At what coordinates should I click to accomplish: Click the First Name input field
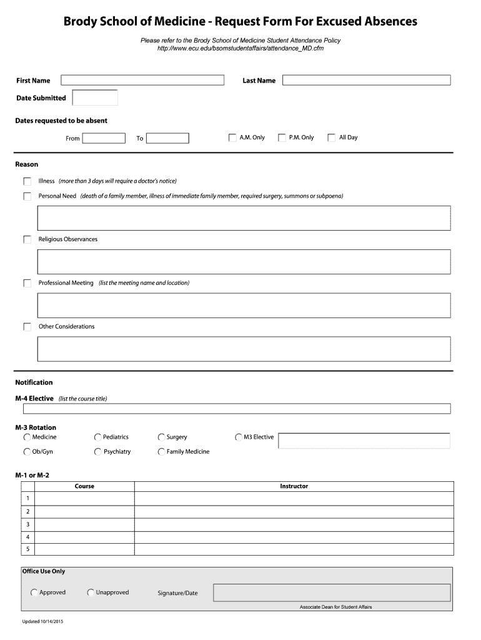coord(142,80)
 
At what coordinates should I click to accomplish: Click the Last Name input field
coord(366,80)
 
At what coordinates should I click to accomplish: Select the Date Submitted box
coord(95,97)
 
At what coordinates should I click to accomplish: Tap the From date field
coord(104,138)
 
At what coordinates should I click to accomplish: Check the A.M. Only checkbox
coord(232,137)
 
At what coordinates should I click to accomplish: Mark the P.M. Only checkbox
coord(282,137)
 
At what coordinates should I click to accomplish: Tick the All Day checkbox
coord(332,137)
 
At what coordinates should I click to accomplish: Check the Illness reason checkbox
coord(27,181)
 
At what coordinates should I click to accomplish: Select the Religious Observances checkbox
coord(27,239)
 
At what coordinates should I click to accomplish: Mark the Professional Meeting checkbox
coord(27,283)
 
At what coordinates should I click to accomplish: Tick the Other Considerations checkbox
coord(27,327)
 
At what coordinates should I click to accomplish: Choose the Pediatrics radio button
coord(98,437)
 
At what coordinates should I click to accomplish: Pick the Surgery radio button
coord(162,437)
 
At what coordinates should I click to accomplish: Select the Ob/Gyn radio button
coord(27,452)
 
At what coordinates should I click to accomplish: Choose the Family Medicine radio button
coord(162,452)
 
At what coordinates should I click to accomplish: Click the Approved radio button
coord(34,592)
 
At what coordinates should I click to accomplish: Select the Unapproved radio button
coord(91,592)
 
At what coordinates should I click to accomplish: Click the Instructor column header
coord(294,486)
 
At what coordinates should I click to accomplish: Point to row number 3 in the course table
coord(27,524)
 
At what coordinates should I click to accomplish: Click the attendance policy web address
coord(241,48)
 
